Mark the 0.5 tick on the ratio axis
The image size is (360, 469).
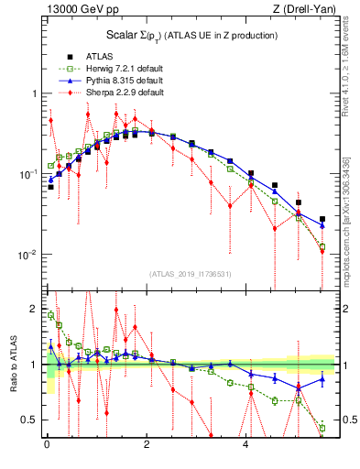coord(31,420)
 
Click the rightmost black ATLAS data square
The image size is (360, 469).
coord(322,219)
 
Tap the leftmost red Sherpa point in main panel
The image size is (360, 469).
coord(51,120)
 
